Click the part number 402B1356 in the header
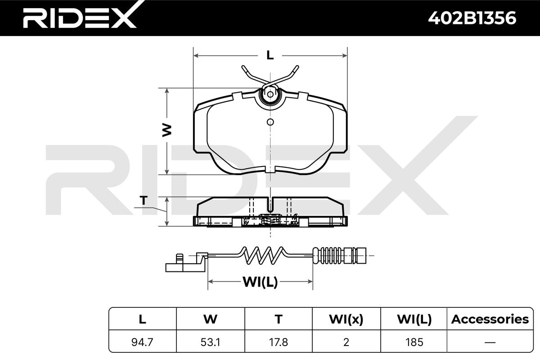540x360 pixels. click(472, 18)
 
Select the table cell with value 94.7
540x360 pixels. click(142, 342)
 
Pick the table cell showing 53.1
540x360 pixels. click(210, 342)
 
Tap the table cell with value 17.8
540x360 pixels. click(279, 342)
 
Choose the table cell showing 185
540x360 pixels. click(414, 342)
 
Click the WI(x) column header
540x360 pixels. click(346, 319)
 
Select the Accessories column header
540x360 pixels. click(490, 319)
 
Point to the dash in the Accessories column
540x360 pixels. click(490, 342)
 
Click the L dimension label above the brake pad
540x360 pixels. click(270, 56)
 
